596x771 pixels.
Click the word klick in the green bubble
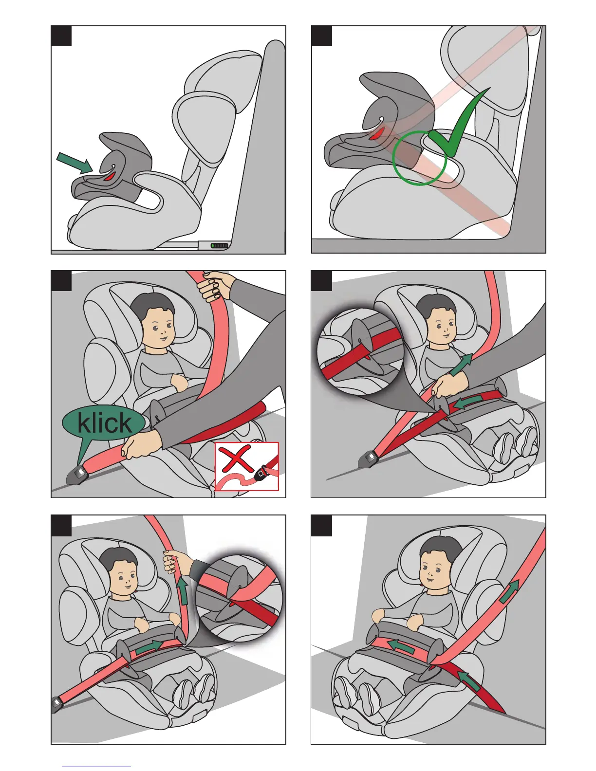[x=104, y=422]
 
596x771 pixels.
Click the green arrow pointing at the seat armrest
[x=74, y=163]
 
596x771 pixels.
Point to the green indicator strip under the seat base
[x=219, y=245]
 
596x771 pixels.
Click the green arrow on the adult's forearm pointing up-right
[x=461, y=364]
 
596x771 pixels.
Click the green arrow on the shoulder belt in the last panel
[x=510, y=592]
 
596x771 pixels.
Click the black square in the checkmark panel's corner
[x=321, y=36]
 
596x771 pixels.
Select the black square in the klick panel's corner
[x=61, y=281]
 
